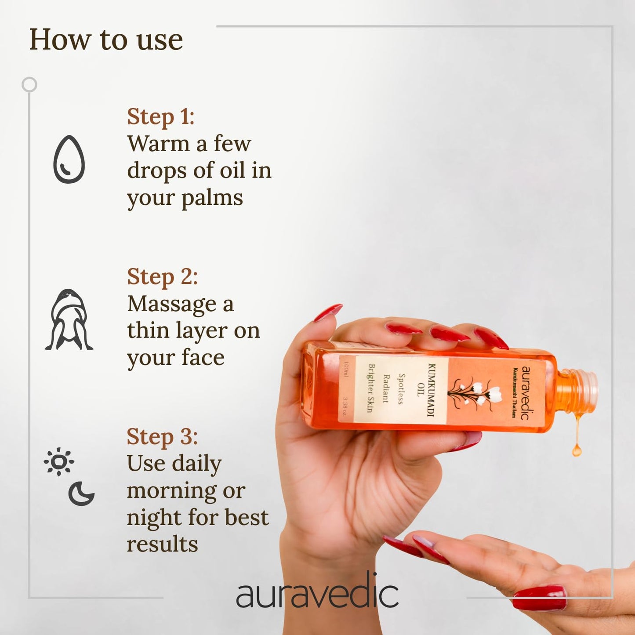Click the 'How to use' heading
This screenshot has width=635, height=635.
tap(106, 40)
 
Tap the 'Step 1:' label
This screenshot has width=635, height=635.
tap(161, 117)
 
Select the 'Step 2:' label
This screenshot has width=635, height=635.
tap(162, 277)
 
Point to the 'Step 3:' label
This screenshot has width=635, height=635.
tap(162, 437)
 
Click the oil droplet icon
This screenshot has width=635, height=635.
tap(69, 160)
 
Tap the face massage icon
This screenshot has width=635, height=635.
tap(69, 320)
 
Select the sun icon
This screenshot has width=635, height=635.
tap(59, 462)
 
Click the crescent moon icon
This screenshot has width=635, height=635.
tap(81, 493)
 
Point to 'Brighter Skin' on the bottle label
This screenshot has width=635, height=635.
tap(371, 388)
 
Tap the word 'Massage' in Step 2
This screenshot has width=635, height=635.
tap(172, 304)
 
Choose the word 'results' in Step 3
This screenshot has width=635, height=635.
tap(162, 544)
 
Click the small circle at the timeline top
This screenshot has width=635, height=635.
tap(29, 84)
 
